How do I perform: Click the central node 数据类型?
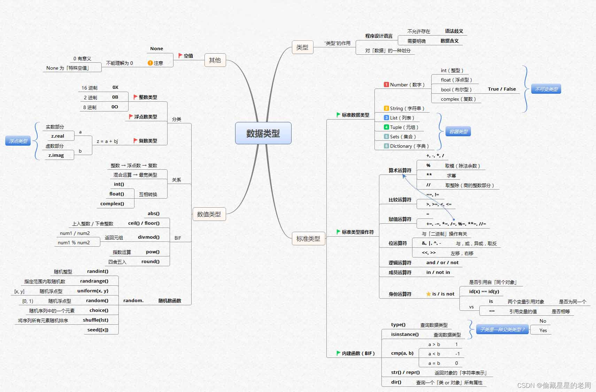[263, 133]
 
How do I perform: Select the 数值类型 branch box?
[209, 214]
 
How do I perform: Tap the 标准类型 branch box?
[308, 239]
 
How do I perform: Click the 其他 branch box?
[215, 60]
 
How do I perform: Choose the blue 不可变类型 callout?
[546, 89]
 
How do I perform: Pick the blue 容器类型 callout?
[458, 132]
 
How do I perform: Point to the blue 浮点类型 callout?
[18, 141]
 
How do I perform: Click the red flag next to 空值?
[180, 55]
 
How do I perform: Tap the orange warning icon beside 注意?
[150, 63]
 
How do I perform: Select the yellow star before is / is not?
[428, 294]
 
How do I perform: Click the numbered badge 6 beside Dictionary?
[386, 146]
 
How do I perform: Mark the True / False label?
[502, 89]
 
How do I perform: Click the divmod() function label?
[149, 237]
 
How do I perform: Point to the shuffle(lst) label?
[95, 320]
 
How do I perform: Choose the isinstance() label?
[405, 335]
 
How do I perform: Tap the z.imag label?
[56, 155]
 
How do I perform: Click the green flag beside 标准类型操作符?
[338, 232]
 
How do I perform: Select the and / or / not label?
[442, 263]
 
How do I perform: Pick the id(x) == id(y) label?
[484, 292]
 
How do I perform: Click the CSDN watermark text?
[554, 385]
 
